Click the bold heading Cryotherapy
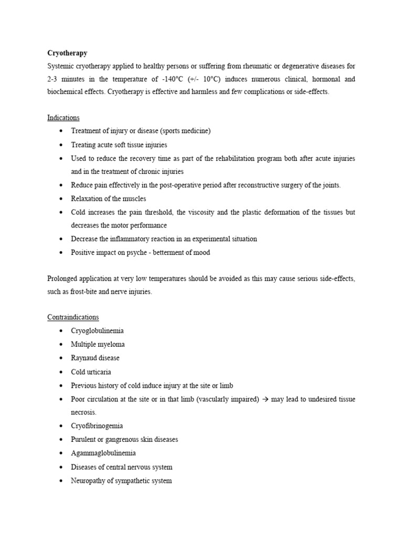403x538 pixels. [x=67, y=53]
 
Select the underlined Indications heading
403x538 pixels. [x=63, y=118]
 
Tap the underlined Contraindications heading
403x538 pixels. [x=73, y=317]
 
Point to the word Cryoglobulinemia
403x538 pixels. [x=98, y=331]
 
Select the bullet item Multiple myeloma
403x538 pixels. [x=98, y=345]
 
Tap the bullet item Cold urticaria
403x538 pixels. [x=91, y=372]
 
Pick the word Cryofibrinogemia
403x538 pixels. [x=97, y=426]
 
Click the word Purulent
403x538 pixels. [x=84, y=440]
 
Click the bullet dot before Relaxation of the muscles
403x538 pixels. [x=62, y=199]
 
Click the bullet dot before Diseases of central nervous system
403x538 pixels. [x=62, y=467]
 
